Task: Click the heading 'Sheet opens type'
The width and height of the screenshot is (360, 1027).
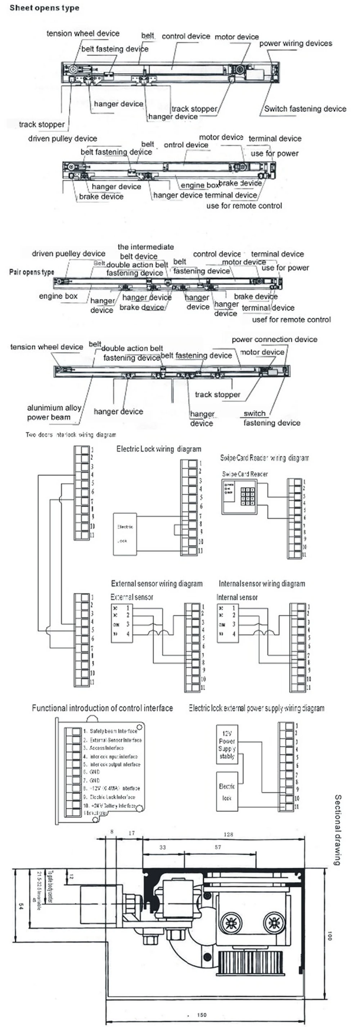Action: [44, 8]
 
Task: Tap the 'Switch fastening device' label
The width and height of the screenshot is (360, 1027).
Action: [305, 108]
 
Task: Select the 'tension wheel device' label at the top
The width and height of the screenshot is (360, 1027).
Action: [83, 33]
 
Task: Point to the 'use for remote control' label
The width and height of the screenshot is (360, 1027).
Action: [244, 206]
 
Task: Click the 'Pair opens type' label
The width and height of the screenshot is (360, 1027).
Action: [31, 272]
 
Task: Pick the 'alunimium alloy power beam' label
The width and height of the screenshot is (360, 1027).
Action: [54, 412]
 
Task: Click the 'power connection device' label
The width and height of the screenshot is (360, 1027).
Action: [274, 339]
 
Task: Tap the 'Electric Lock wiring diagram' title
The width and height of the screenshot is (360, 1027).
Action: [159, 449]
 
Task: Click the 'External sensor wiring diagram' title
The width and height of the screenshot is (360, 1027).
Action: [157, 584]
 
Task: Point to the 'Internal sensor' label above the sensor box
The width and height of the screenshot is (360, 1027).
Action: [237, 597]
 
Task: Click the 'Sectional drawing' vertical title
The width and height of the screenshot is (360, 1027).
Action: [338, 829]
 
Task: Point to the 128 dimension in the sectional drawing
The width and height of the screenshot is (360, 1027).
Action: [229, 834]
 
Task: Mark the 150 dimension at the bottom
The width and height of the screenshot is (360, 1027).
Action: [202, 1015]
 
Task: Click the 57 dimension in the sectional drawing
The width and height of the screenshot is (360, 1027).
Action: [218, 847]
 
